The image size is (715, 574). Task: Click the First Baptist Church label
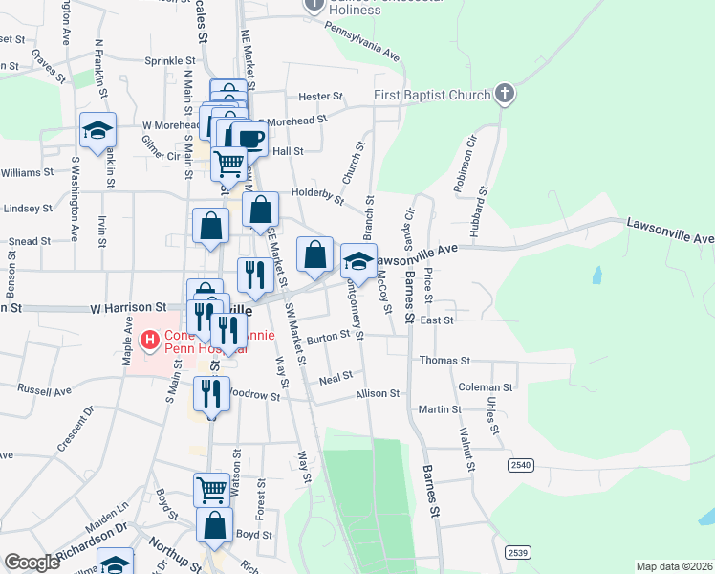pyautogui.click(x=431, y=95)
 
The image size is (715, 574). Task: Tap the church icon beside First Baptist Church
pyautogui.click(x=505, y=94)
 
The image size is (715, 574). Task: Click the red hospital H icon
pyautogui.click(x=149, y=340)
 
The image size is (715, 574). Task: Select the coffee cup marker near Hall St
pyautogui.click(x=250, y=138)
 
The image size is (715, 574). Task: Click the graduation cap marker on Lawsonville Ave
pyautogui.click(x=358, y=260)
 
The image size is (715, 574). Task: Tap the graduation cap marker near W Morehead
pyautogui.click(x=97, y=130)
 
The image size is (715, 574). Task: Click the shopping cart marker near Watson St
pyautogui.click(x=211, y=489)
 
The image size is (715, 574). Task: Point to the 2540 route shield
pyautogui.click(x=520, y=464)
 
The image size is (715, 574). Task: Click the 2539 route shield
pyautogui.click(x=518, y=552)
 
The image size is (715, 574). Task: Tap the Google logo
pyautogui.click(x=32, y=563)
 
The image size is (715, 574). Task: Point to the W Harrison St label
pyautogui.click(x=128, y=309)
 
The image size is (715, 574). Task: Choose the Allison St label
pyautogui.click(x=378, y=393)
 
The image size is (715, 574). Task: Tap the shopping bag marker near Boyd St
pyautogui.click(x=214, y=525)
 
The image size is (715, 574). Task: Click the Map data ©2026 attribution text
pyautogui.click(x=673, y=566)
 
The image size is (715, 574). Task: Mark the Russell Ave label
pyautogui.click(x=45, y=391)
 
